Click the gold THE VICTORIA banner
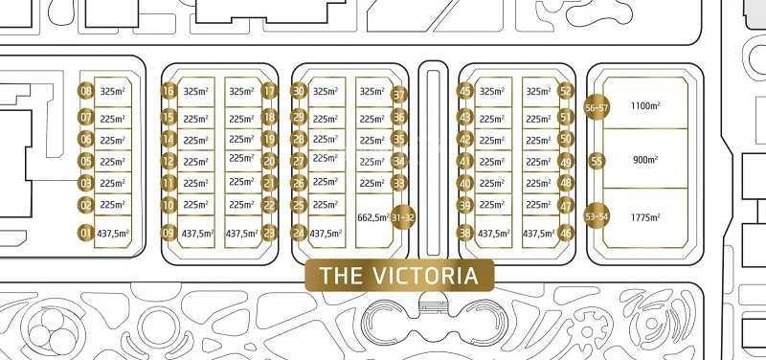pos(398,276)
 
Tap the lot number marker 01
pos(86,233)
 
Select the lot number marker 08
pos(86,92)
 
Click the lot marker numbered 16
pos(169,92)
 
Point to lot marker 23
pos(269,233)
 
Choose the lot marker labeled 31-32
pos(403,217)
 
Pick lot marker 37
pos(399,95)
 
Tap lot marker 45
pos(466,92)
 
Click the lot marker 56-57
pos(597,108)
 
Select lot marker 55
pos(597,161)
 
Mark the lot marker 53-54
pos(597,216)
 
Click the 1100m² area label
pos(646,106)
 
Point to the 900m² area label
pos(646,161)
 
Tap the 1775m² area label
pos(646,217)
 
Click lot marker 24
pos(299,233)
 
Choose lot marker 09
pos(169,233)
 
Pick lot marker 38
pos(466,233)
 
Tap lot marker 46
pos(566,233)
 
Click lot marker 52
pos(566,92)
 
